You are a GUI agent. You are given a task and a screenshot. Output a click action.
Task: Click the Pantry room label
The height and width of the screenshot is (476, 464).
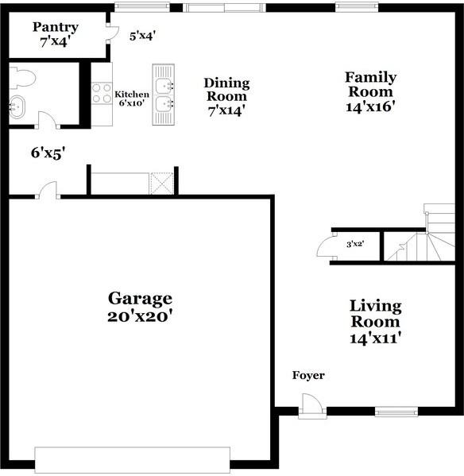tap(55, 28)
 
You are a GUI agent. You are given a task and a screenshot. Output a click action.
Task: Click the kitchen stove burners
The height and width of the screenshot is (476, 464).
tap(102, 93)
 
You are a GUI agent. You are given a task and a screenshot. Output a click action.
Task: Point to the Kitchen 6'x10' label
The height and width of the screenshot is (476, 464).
tap(132, 99)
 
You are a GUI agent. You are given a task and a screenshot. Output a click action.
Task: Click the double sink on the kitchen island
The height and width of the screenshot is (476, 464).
tap(164, 95)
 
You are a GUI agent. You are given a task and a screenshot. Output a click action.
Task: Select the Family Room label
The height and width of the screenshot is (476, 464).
tap(370, 77)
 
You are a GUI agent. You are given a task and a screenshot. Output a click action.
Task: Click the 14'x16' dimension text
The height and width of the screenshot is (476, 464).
tap(370, 104)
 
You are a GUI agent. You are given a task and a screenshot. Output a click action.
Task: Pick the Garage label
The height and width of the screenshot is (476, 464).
tap(140, 299)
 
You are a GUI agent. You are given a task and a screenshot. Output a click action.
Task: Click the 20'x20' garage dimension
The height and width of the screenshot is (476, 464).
tap(140, 316)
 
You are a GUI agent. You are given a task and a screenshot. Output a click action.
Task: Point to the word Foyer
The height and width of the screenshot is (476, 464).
tap(308, 375)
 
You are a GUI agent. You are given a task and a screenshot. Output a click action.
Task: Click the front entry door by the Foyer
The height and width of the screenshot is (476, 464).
tap(312, 408)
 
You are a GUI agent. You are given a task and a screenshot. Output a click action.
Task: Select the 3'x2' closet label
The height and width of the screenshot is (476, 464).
tap(354, 245)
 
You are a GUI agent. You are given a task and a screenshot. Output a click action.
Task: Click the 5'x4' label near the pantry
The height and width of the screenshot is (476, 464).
tap(142, 35)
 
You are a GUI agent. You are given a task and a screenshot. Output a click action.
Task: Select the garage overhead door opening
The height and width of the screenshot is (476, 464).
tap(132, 459)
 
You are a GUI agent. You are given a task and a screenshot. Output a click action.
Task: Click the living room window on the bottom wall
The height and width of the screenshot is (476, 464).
tap(396, 412)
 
